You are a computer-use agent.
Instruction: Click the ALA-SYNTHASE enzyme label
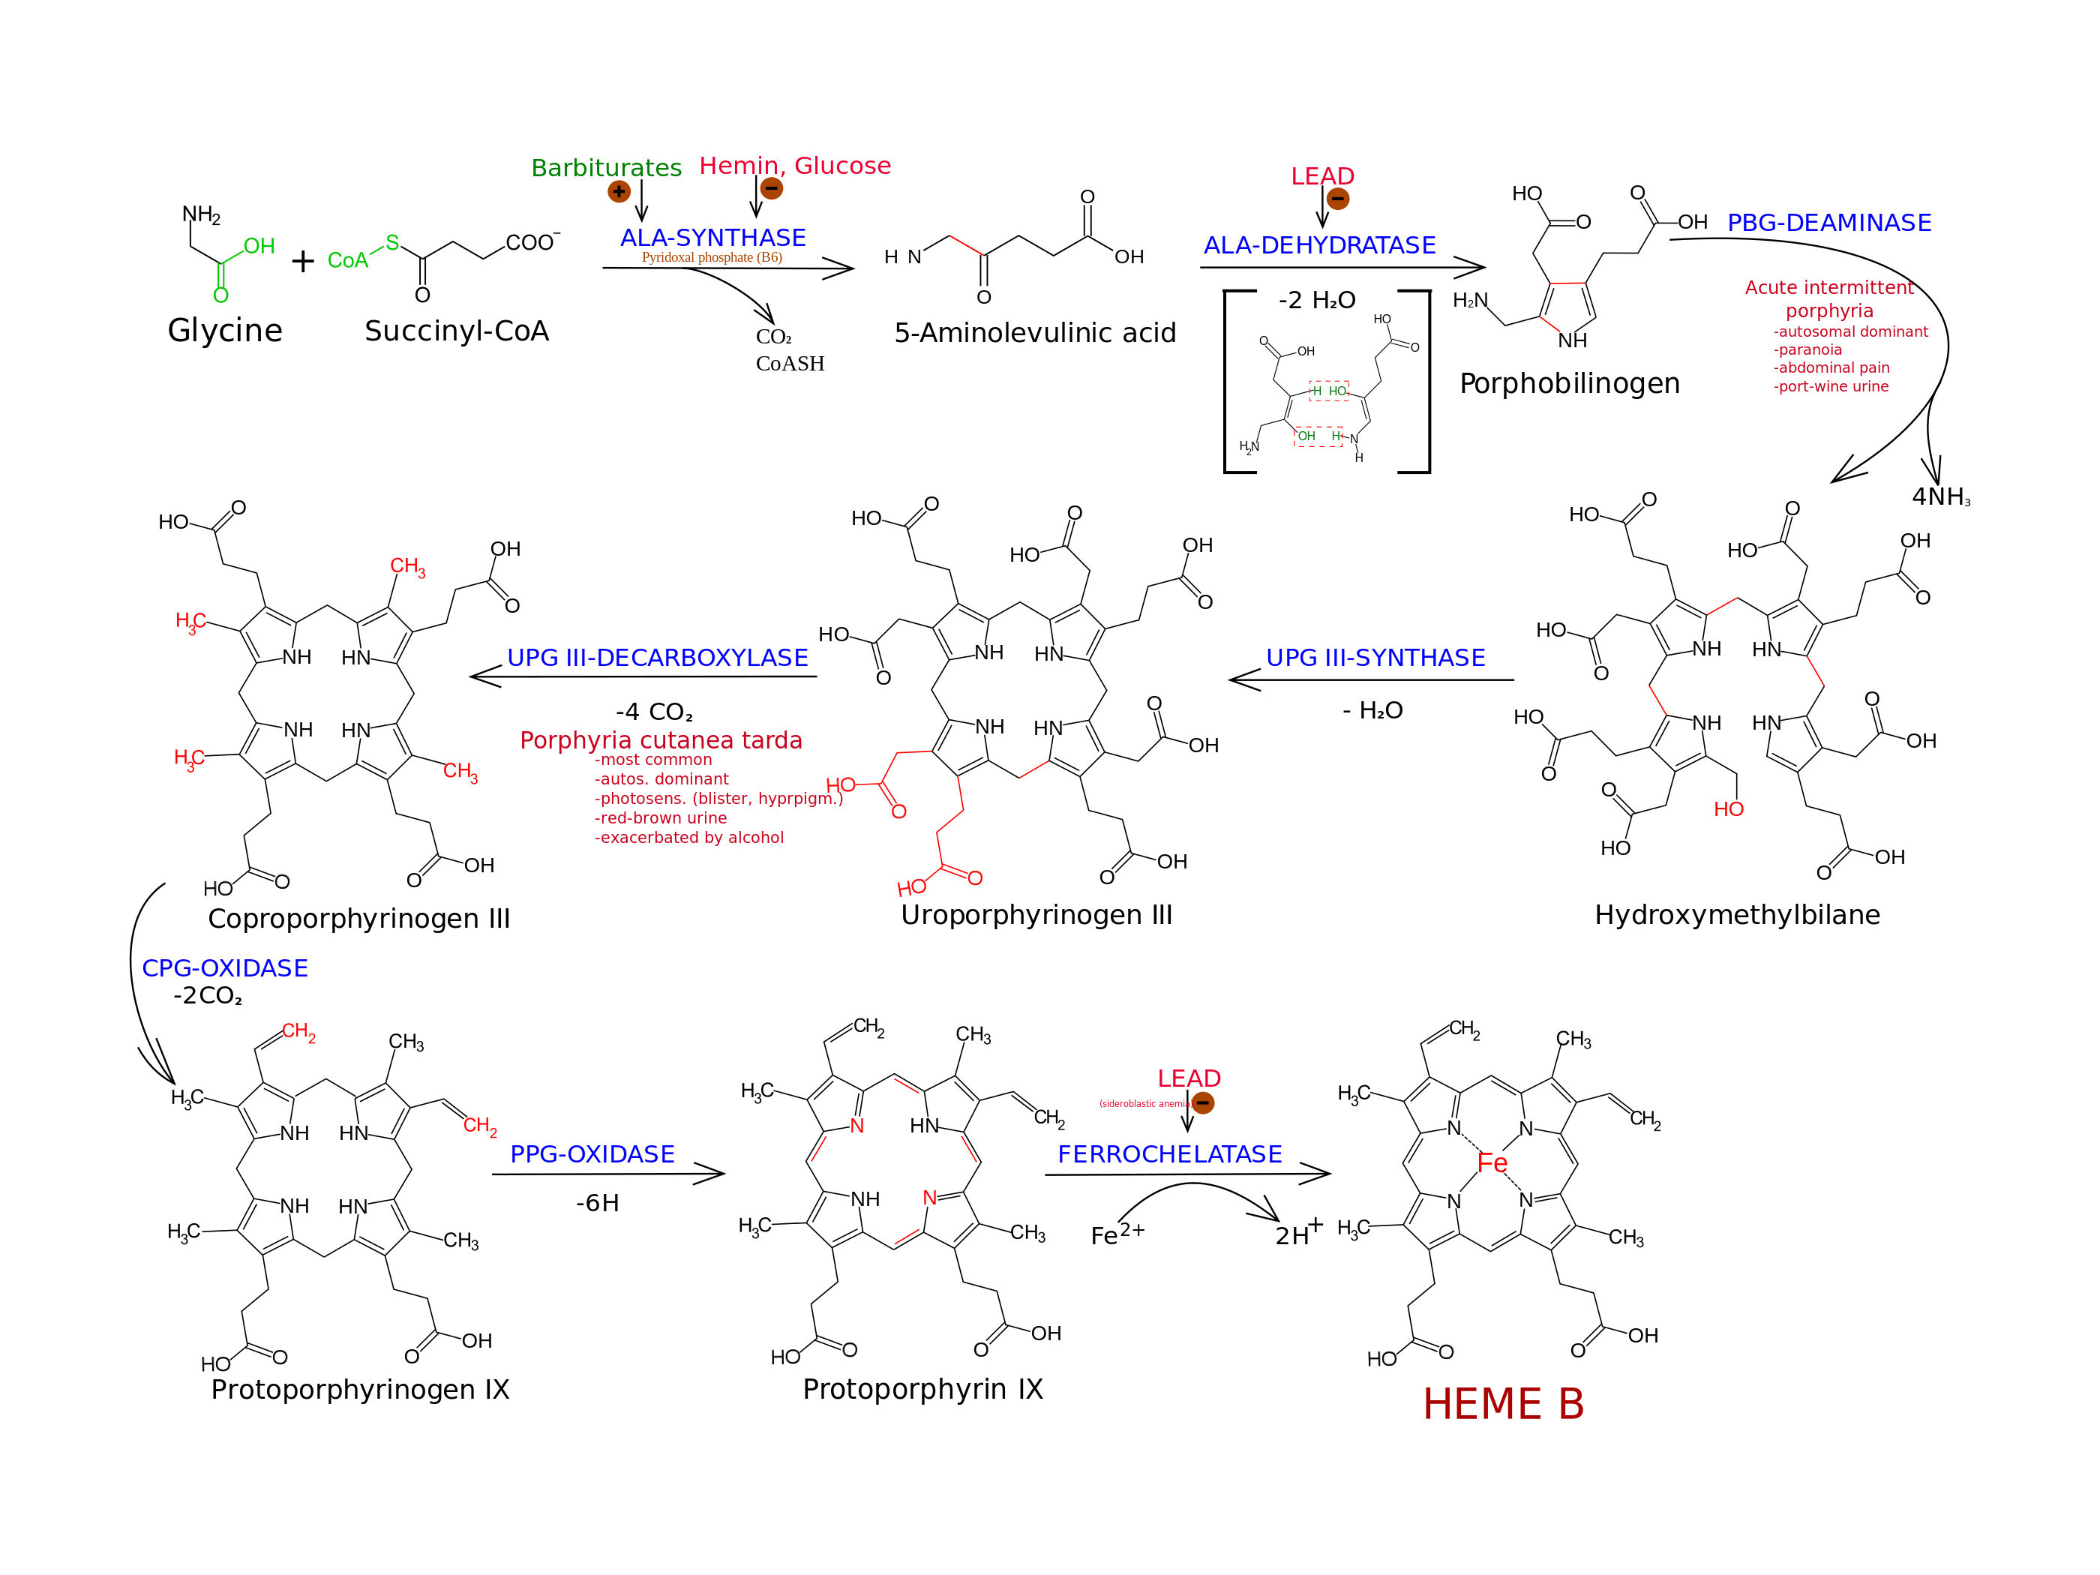coord(713,237)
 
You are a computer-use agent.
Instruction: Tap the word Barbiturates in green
coord(606,168)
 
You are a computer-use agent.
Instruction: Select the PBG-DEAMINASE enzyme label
coord(1828,223)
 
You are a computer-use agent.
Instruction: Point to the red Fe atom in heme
coord(1492,1163)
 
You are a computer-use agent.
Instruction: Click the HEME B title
coord(1503,1404)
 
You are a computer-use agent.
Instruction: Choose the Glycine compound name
coord(225,331)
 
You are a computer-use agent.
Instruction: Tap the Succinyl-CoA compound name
coord(457,331)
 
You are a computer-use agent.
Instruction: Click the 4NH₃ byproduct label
coord(1940,497)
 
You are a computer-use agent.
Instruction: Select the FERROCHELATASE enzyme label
coord(1169,1154)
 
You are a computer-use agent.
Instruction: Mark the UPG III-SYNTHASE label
coord(1375,658)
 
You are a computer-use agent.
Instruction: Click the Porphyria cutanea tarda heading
coord(661,740)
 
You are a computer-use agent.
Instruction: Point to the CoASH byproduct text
coord(790,364)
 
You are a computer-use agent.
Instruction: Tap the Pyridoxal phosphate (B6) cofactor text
coord(712,257)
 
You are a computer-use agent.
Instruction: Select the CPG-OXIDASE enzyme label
coord(225,968)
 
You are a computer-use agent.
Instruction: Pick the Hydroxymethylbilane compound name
coord(1736,915)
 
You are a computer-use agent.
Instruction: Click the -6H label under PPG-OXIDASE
coord(597,1204)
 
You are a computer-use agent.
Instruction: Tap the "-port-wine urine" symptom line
coord(1831,386)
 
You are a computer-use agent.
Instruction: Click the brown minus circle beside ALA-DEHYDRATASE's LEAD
coord(1338,199)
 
